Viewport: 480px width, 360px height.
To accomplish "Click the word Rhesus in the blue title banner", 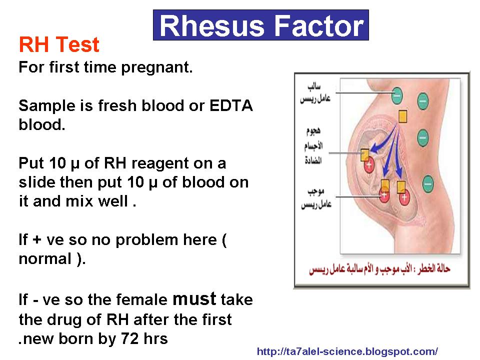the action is [211, 25].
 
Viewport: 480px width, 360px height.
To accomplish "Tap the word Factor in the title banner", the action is [318, 25].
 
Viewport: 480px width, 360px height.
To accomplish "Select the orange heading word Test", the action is [77, 44].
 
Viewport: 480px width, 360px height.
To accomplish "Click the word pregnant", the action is [156, 67].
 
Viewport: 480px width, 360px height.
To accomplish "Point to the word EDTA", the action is [231, 105].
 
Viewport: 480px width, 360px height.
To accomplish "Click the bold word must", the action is [194, 299].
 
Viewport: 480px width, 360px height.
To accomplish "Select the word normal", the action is [45, 258].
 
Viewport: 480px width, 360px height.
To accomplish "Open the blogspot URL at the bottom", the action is [347, 351].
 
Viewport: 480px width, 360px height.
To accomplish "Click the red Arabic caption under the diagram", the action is [379, 269].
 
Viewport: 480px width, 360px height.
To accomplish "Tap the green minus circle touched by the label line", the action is [397, 95].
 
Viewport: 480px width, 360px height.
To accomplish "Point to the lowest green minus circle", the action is [428, 184].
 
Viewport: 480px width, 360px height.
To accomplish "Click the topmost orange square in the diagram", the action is [403, 116].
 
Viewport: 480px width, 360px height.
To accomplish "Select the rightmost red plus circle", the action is [404, 197].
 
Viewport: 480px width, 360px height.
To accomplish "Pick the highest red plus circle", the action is [369, 164].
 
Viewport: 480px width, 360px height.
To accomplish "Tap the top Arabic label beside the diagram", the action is [315, 92].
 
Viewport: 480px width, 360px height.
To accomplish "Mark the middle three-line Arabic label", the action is [313, 145].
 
